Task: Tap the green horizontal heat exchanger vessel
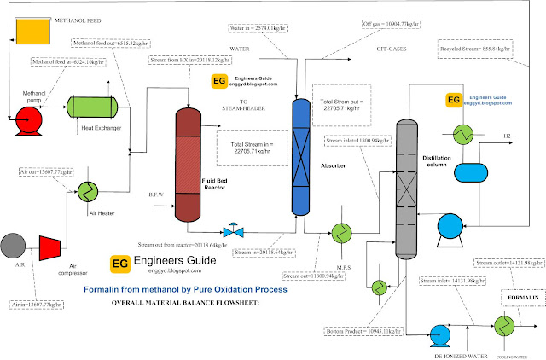92,107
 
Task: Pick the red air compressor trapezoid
50,248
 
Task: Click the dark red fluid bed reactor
198,162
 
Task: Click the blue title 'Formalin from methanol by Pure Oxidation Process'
185,290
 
